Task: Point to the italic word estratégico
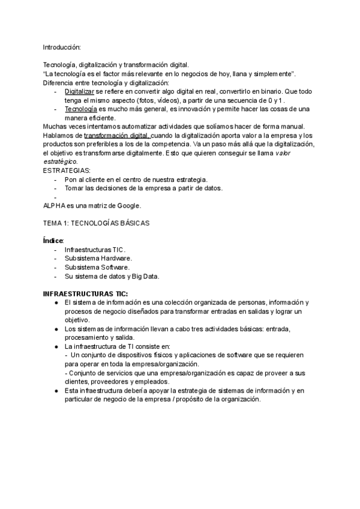[60, 162]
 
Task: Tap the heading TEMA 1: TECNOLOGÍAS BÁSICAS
[96, 223]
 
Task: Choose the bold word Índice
[53, 240]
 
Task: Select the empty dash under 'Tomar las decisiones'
[55, 197]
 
